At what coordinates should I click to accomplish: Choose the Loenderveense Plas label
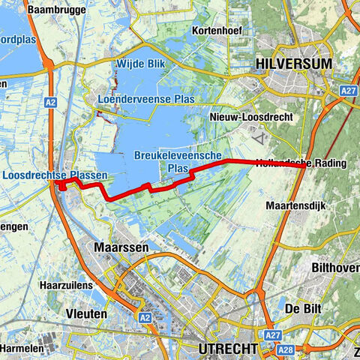136,98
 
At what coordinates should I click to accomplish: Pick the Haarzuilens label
66,286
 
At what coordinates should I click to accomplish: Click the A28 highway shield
284,349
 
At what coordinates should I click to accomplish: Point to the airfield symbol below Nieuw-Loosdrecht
259,138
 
